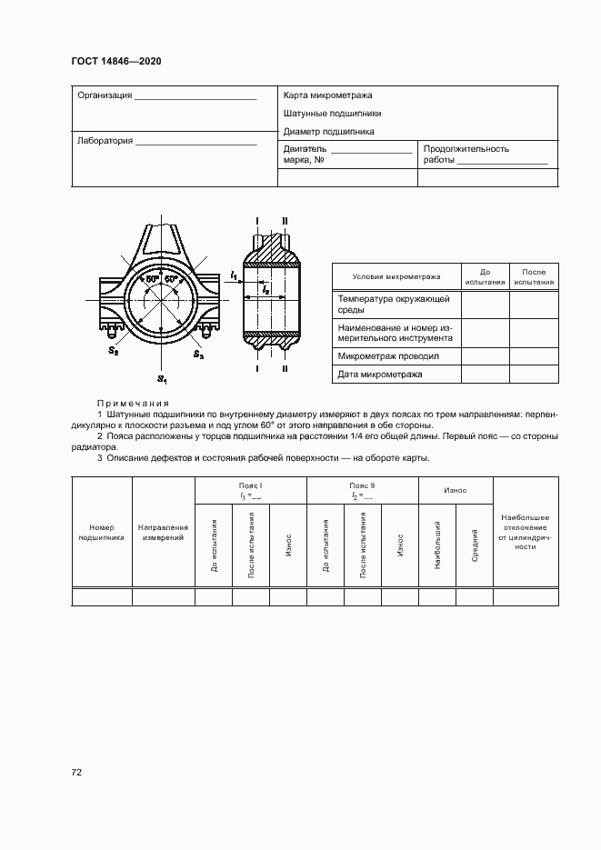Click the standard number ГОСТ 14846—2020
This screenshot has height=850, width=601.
tap(115, 63)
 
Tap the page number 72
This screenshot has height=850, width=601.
tap(77, 773)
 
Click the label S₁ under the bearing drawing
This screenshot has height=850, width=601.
tap(161, 378)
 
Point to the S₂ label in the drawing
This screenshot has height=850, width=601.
tap(113, 351)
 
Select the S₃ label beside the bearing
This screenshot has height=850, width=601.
tap(199, 354)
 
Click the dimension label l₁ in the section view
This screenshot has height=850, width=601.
tap(235, 274)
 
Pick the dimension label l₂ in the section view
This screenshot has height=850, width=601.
tap(265, 289)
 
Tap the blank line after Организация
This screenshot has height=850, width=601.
tap(195, 95)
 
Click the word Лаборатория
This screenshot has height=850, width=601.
tap(105, 141)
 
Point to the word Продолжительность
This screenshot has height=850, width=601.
tap(466, 148)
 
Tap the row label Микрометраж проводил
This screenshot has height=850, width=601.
tap(388, 355)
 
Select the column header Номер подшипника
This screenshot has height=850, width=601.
tap(101, 533)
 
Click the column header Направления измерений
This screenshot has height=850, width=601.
tap(163, 533)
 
